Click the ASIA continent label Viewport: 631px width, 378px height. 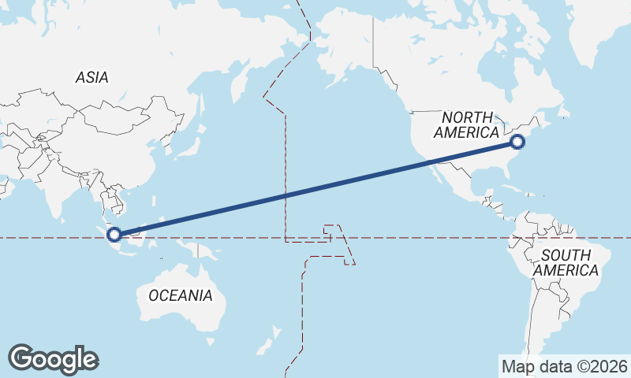pyautogui.click(x=92, y=77)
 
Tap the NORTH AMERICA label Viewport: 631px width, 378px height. pyautogui.click(x=472, y=125)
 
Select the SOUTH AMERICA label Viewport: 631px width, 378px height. pyautogui.click(x=566, y=263)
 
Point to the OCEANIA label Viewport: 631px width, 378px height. pyautogui.click(x=181, y=295)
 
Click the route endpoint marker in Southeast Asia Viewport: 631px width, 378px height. pyautogui.click(x=114, y=234)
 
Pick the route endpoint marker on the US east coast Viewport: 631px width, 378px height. pyautogui.click(x=517, y=142)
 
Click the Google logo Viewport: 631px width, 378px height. pyautogui.click(x=53, y=359)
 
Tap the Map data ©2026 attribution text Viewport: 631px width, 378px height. pyautogui.click(x=564, y=366)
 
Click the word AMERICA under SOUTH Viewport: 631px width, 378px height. pyautogui.click(x=566, y=270)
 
